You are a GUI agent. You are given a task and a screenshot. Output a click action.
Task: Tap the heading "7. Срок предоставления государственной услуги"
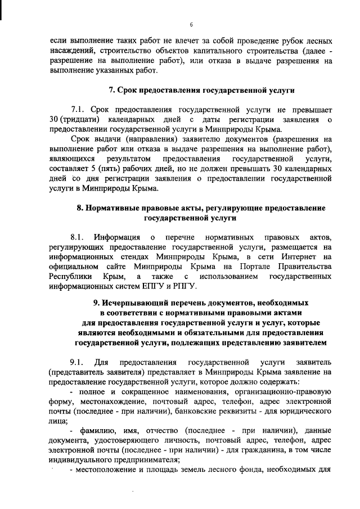pos(201,90)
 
